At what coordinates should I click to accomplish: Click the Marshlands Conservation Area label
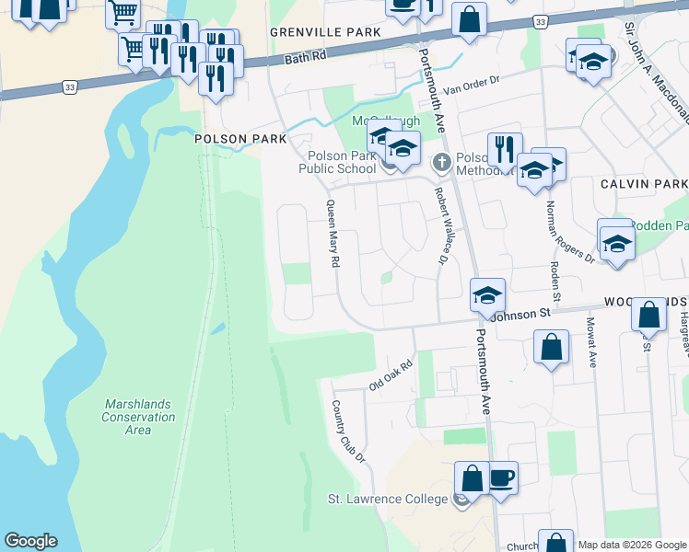pyautogui.click(x=139, y=417)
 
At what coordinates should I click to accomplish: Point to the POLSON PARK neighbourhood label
pyautogui.click(x=234, y=139)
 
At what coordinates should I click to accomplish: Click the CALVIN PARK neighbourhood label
pyautogui.click(x=644, y=184)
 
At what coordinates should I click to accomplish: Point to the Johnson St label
pyautogui.click(x=520, y=314)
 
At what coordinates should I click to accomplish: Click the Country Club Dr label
pyautogui.click(x=348, y=431)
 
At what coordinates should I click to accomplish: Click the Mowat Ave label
pyautogui.click(x=591, y=342)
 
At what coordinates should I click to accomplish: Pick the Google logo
pyautogui.click(x=30, y=541)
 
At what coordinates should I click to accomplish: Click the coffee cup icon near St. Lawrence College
pyautogui.click(x=502, y=479)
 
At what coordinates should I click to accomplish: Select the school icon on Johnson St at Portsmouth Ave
pyautogui.click(x=488, y=296)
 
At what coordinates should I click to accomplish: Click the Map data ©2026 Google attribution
pyautogui.click(x=632, y=545)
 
